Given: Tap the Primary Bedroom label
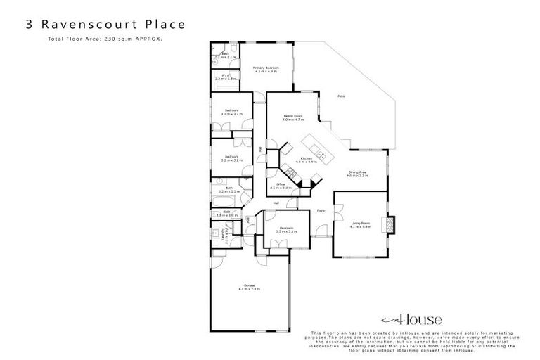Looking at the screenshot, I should coord(266,67).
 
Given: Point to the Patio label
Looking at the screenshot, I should coord(340,96).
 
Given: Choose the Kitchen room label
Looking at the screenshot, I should coord(307,159).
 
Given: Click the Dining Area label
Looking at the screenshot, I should coord(358,172).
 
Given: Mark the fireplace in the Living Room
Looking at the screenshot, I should coord(387,225).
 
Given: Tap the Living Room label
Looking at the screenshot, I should coord(360,223).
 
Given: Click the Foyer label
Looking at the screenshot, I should coord(320,210).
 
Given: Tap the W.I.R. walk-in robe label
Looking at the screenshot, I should coord(226,76).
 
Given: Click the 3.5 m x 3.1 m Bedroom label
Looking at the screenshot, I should coord(285,229).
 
